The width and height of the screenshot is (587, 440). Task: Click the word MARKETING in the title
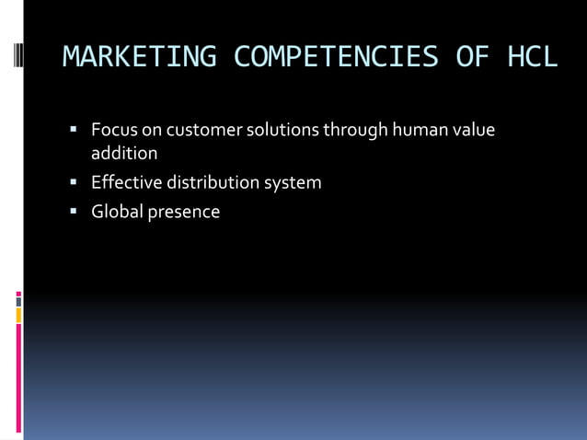pos(139,57)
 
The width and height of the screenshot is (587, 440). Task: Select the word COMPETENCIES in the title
pos(336,57)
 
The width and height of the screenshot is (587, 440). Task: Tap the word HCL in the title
pos(532,57)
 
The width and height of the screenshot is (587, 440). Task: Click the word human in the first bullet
pos(421,130)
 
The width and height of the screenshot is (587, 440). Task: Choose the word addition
pos(124,153)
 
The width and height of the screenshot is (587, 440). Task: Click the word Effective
pos(128,182)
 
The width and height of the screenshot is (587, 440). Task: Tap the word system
pos(293,182)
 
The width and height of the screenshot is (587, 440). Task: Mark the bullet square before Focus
pos(72,129)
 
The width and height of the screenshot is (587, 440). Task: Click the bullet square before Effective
pos(72,181)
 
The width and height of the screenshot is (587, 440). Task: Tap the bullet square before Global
pos(72,211)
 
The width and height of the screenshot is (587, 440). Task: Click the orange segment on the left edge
pos(18,315)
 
